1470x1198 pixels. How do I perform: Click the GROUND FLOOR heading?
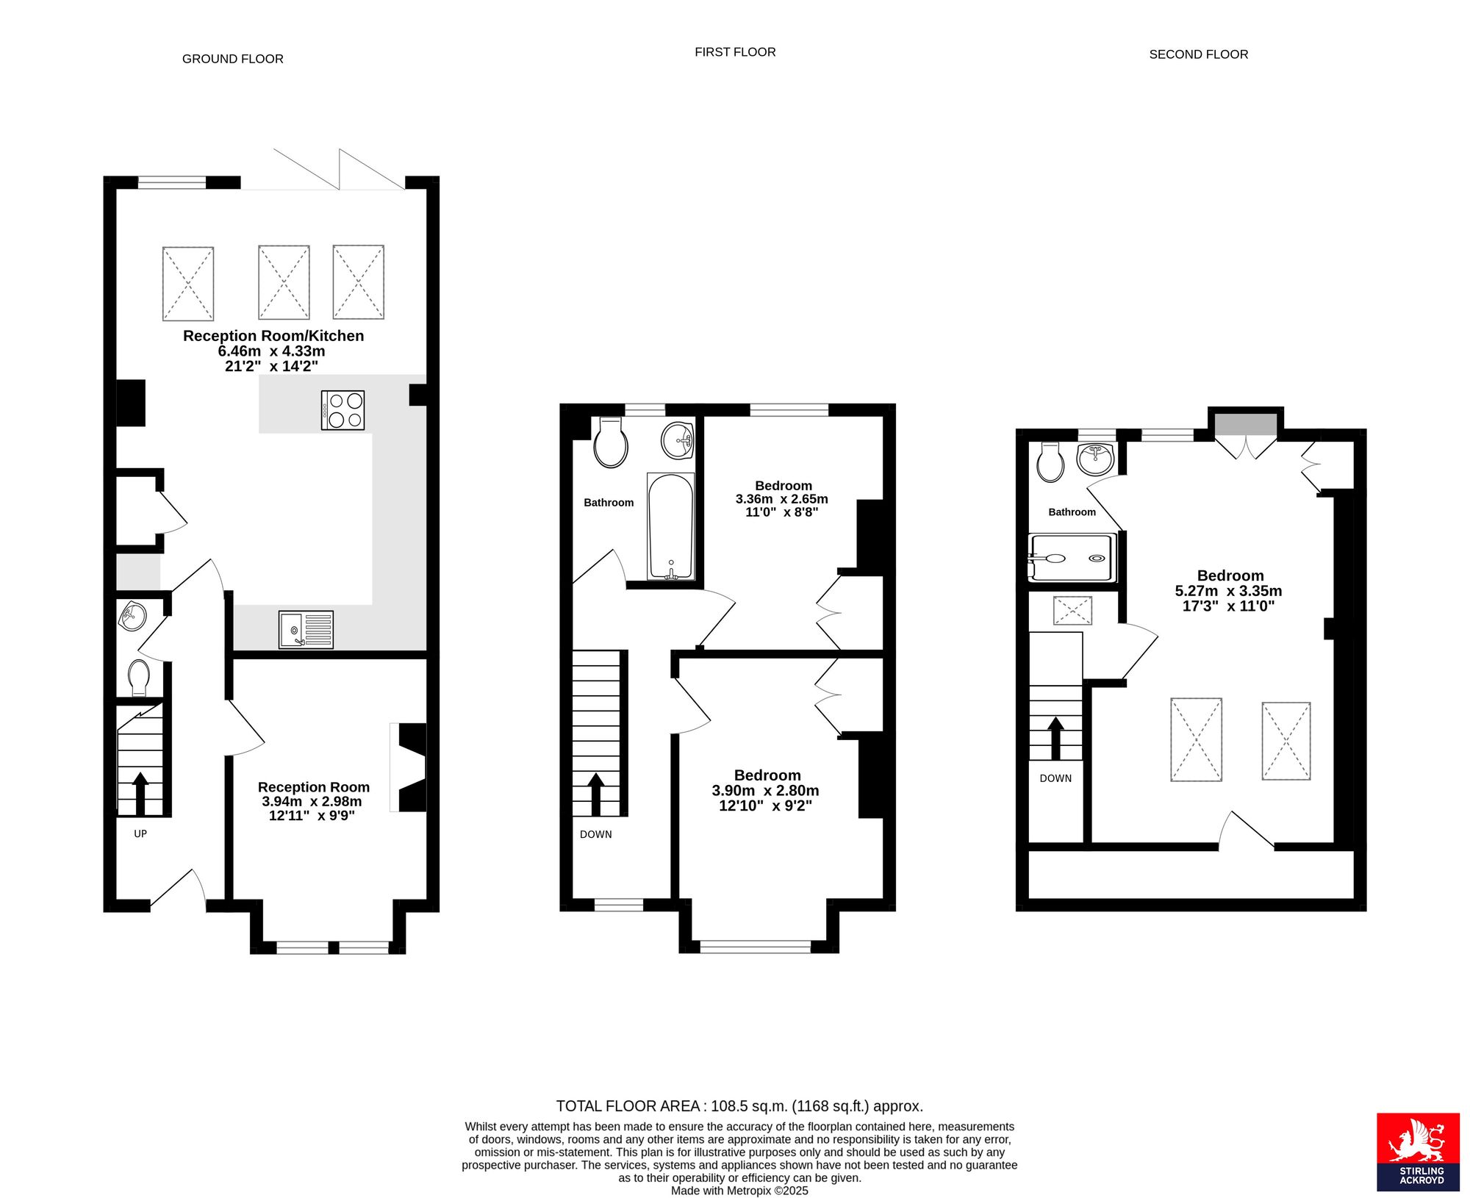click(232, 59)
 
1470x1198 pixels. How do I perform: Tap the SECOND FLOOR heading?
click(1198, 54)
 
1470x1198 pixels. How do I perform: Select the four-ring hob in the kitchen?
click(343, 410)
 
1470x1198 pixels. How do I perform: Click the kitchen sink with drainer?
click(306, 630)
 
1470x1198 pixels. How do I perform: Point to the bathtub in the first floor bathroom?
click(670, 526)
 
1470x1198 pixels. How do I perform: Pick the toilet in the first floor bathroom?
click(611, 442)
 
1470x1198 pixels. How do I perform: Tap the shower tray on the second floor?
click(1072, 558)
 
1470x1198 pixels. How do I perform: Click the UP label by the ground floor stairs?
click(140, 833)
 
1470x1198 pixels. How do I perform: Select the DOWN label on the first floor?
click(595, 834)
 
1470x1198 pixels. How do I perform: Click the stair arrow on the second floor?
click(1055, 739)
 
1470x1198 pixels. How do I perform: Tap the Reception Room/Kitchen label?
click(273, 336)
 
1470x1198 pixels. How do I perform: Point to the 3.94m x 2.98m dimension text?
click(312, 801)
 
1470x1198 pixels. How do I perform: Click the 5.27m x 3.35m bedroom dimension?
click(1228, 591)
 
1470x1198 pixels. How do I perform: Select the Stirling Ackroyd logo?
click(1418, 1151)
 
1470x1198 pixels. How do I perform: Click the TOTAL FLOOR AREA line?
click(739, 1106)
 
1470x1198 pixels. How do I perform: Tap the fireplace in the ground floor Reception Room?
click(409, 767)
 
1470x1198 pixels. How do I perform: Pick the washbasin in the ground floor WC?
click(132, 616)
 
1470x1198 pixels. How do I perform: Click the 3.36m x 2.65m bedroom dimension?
click(781, 499)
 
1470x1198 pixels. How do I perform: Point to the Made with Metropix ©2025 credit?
click(739, 1191)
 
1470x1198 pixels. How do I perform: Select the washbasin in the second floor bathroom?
click(1095, 459)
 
